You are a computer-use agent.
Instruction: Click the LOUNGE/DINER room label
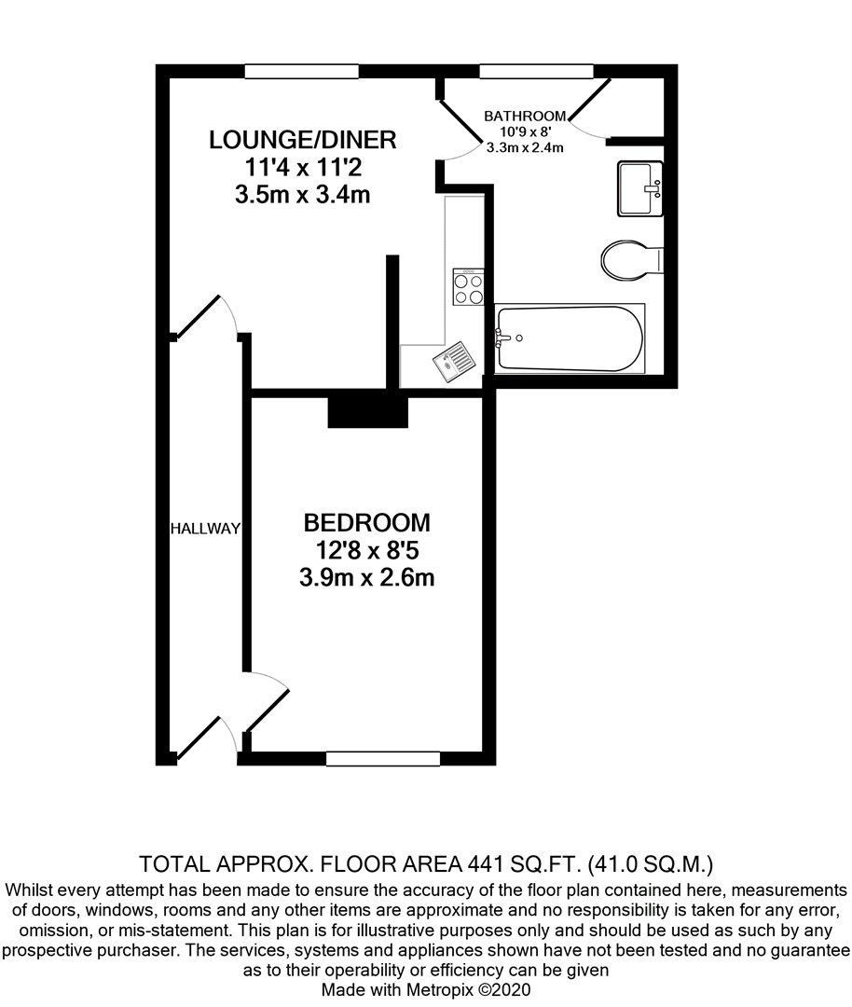click(x=303, y=140)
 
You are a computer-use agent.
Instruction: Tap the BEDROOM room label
click(x=366, y=522)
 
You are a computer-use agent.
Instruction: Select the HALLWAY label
click(x=205, y=529)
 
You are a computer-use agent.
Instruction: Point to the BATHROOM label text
click(x=525, y=116)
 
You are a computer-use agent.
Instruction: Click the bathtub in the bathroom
click(x=569, y=338)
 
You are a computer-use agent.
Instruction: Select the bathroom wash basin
click(x=639, y=188)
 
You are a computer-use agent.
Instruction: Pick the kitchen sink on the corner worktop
click(x=454, y=360)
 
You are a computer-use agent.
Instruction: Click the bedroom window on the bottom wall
click(x=382, y=758)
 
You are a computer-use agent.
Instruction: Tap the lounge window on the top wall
click(x=302, y=72)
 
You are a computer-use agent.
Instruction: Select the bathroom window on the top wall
click(x=536, y=72)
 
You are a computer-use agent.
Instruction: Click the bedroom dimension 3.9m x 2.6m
click(x=366, y=578)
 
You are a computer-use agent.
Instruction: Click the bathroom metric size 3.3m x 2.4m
click(x=525, y=147)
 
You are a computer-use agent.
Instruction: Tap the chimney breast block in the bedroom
click(x=367, y=410)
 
